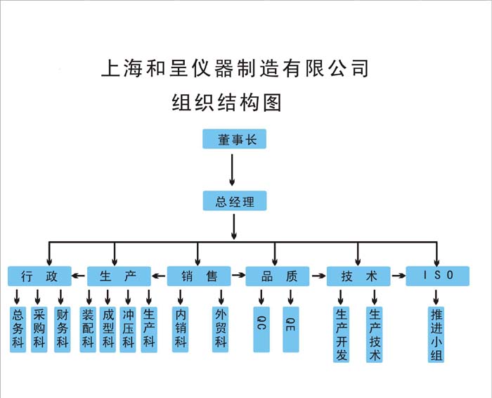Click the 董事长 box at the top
tap(235, 139)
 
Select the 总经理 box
tap(235, 202)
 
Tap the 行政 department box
tap(39, 276)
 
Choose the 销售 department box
tap(198, 276)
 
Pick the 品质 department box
tap(277, 276)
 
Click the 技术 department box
tap(358, 276)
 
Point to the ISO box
tap(437, 276)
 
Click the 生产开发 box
tap(342, 334)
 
